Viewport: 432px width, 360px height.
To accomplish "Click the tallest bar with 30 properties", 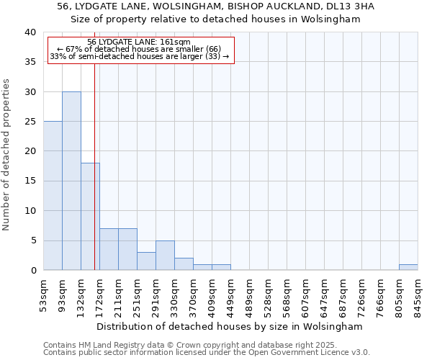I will [x=71, y=181].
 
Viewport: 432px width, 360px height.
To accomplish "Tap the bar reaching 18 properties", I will [x=90, y=216].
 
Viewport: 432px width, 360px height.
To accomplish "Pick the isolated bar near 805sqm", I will [x=408, y=267].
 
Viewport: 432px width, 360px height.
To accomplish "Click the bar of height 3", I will [x=146, y=261].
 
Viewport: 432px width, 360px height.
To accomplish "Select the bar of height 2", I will [x=184, y=264].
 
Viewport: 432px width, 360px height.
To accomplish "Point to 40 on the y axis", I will [x=30, y=32].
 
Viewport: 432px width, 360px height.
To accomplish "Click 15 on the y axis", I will [x=30, y=181].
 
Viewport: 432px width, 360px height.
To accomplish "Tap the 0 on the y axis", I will [x=33, y=270].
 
